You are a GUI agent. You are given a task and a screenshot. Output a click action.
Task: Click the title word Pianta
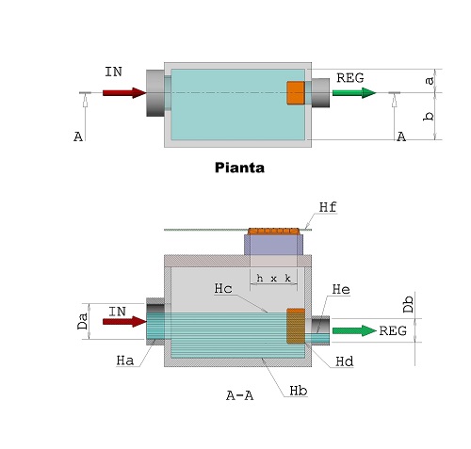pos(239,169)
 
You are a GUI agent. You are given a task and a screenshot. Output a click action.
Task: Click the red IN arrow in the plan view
pos(122,92)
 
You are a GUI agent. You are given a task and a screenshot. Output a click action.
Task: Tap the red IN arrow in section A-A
pos(123,322)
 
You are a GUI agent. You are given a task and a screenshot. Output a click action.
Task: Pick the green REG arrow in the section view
pos(353,330)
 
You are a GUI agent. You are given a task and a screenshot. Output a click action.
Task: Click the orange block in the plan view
pos(296,93)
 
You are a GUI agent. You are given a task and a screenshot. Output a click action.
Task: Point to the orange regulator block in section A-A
pos(296,326)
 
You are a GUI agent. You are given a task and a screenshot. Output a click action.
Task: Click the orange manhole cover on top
pos(274,231)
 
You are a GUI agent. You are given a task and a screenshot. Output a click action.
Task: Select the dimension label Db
pos(408,305)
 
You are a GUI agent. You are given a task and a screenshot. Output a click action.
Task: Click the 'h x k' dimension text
pos(273,278)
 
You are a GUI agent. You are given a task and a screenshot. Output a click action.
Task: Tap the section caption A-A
pos(239,396)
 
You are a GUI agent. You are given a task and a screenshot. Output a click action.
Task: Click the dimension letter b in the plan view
pos(429,116)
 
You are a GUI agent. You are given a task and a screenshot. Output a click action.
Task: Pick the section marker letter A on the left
pos(77,137)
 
